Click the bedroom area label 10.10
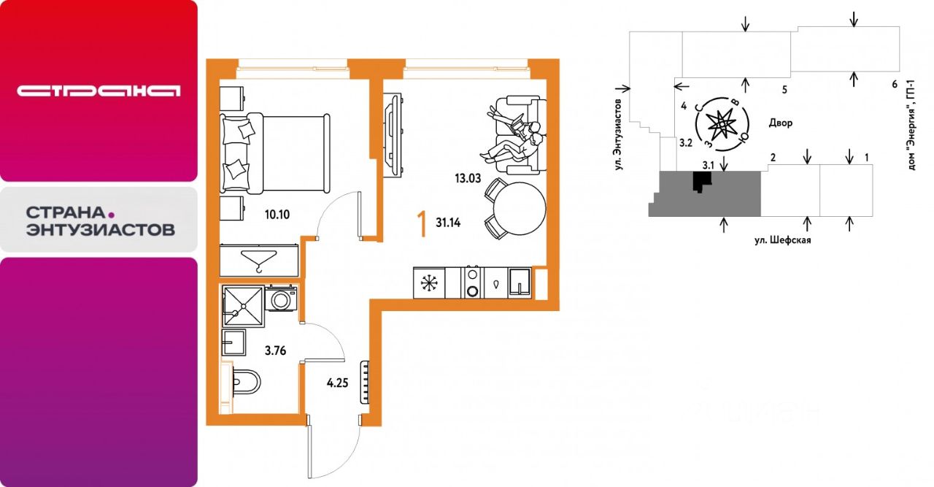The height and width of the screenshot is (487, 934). pyautogui.click(x=277, y=215)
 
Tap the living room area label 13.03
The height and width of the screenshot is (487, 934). pyautogui.click(x=468, y=179)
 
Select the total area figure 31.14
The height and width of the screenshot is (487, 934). pyautogui.click(x=448, y=223)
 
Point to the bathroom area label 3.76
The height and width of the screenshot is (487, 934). pyautogui.click(x=275, y=350)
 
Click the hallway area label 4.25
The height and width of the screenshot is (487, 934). pyautogui.click(x=337, y=383)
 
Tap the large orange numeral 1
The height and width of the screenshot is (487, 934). pyautogui.click(x=422, y=224)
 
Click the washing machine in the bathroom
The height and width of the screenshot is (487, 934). pyautogui.click(x=281, y=298)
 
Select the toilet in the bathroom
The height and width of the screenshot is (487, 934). pyautogui.click(x=246, y=381)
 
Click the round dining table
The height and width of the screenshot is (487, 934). pyautogui.click(x=519, y=209)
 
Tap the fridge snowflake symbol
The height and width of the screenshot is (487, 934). pyautogui.click(x=428, y=283)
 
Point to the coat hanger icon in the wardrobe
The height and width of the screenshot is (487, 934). pyautogui.click(x=258, y=261)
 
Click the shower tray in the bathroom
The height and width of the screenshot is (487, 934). pyautogui.click(x=243, y=306)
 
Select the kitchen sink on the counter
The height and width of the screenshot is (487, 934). pyautogui.click(x=520, y=283)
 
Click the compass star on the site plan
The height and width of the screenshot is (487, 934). pyautogui.click(x=722, y=123)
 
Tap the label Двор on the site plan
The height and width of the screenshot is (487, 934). pyautogui.click(x=781, y=123)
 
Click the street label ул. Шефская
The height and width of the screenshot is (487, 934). pyautogui.click(x=783, y=240)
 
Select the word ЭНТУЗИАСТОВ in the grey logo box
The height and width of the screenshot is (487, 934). pyautogui.click(x=101, y=230)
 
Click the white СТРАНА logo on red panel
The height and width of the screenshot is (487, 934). pyautogui.click(x=99, y=91)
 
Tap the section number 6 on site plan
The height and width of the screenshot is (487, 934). pyautogui.click(x=895, y=84)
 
